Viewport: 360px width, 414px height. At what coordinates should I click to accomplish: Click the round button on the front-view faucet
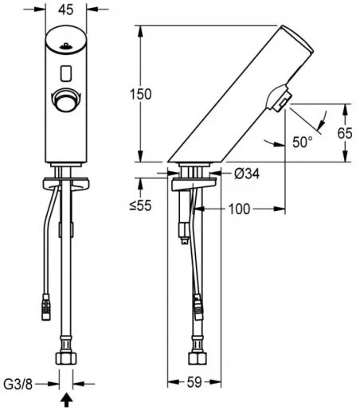(66, 101)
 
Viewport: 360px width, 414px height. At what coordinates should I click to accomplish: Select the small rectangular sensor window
(66, 75)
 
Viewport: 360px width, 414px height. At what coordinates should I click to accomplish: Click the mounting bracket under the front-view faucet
(66, 186)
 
